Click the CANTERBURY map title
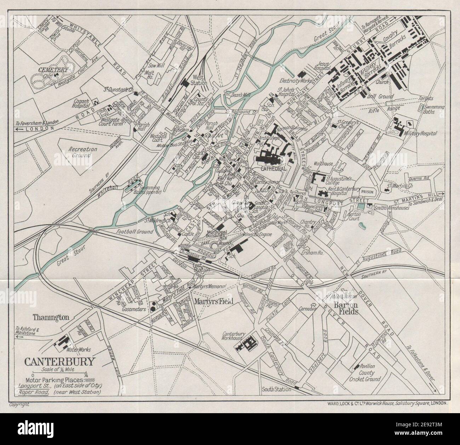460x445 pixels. pyautogui.click(x=59, y=361)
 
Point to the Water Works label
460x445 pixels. pyautogui.click(x=79, y=349)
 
